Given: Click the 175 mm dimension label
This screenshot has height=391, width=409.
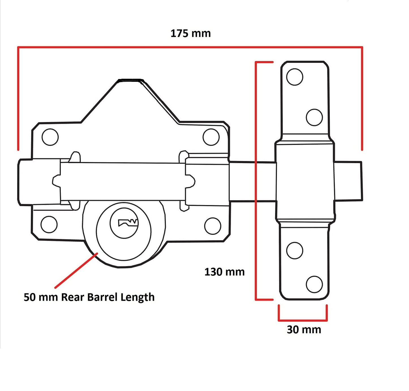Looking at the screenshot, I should (x=190, y=33).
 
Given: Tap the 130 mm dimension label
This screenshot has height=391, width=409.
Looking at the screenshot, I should (x=224, y=272).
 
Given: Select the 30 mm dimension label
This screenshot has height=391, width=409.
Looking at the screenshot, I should (x=304, y=330).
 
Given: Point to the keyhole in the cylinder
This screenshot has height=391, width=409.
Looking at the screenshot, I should (x=128, y=223).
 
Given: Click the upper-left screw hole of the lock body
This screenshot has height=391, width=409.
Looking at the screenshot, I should (x=50, y=137).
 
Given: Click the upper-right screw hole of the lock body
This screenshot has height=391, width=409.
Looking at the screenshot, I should (x=211, y=137).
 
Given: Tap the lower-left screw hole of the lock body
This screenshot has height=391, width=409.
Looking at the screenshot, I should (x=49, y=224).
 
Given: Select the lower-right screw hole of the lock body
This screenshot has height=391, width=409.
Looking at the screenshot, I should (x=213, y=226).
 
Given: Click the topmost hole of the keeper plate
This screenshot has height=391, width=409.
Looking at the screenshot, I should (x=295, y=77).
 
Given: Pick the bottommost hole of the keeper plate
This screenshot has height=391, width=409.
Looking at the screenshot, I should (x=314, y=284).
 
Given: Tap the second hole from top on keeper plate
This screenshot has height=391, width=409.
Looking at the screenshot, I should (x=314, y=117).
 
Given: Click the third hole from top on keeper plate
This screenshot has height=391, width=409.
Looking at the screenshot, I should (x=295, y=251).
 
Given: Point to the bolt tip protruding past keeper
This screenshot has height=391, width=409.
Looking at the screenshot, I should (x=348, y=181).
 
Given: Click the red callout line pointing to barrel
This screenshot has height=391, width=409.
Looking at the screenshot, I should (x=76, y=270).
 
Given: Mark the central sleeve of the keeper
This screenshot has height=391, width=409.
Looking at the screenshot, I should (x=305, y=181).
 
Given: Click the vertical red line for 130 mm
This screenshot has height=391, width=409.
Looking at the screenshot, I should (x=256, y=181).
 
